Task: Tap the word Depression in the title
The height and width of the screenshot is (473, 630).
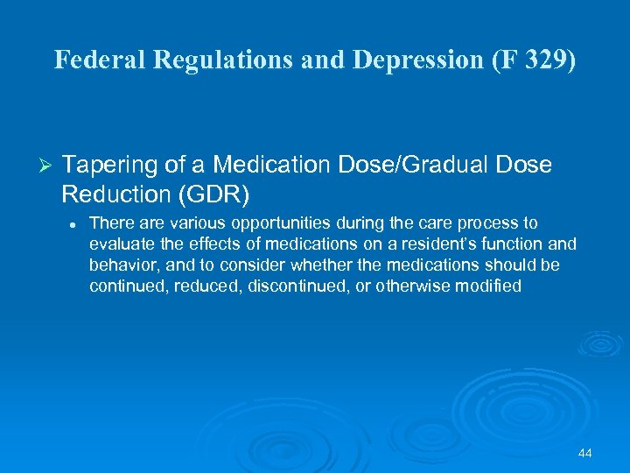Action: click(x=386, y=60)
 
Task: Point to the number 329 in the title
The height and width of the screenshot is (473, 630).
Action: click(x=542, y=60)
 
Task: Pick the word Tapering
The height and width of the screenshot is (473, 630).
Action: click(x=108, y=166)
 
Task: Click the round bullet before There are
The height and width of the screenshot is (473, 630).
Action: click(x=73, y=224)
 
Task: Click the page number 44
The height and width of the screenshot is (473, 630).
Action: click(x=585, y=453)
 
